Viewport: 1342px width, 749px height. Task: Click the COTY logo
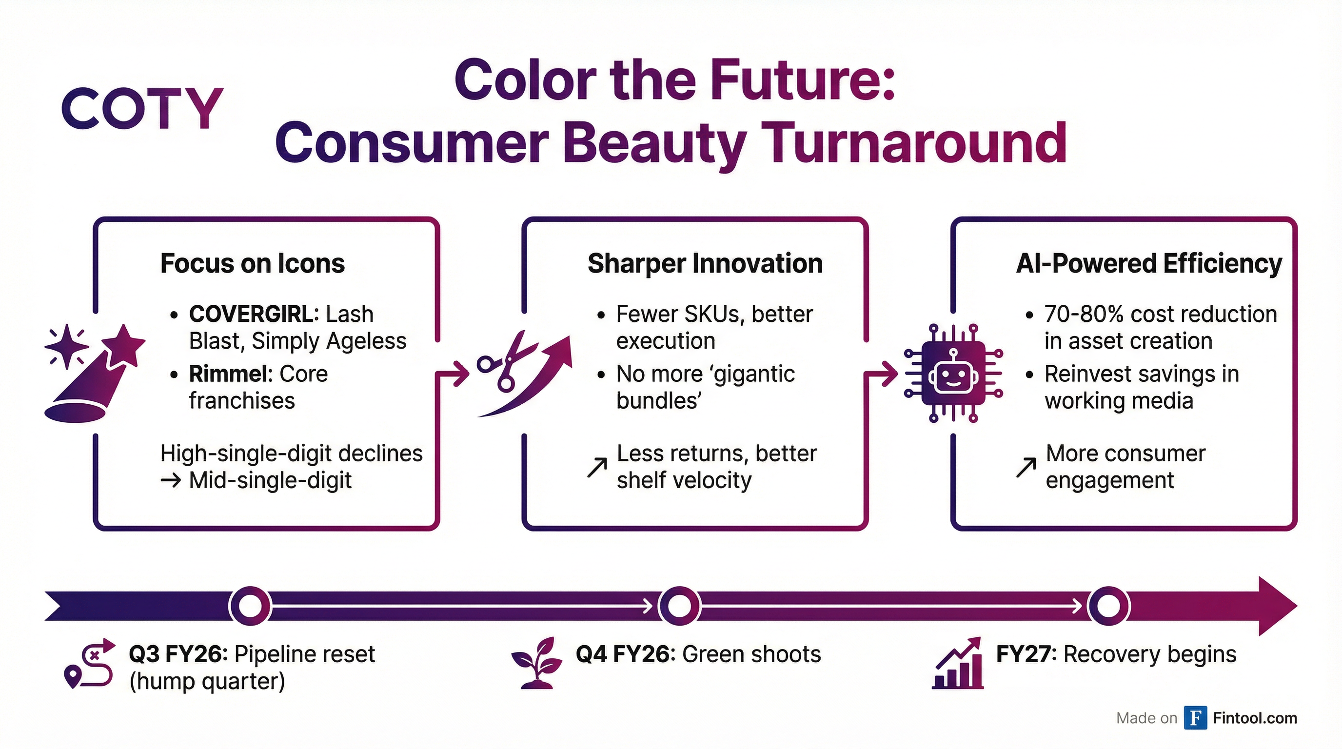coord(142,108)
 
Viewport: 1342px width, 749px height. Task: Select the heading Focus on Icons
coord(252,263)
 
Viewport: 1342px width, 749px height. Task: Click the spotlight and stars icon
coord(94,373)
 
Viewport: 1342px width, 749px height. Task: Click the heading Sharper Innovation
coord(705,263)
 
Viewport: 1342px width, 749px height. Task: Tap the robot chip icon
coord(953,373)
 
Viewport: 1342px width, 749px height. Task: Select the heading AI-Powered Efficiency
coord(1149,263)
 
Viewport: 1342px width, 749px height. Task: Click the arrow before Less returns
coord(597,467)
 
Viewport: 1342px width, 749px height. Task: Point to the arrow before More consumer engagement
coord(1026,467)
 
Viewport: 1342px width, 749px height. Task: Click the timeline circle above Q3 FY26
coord(250,606)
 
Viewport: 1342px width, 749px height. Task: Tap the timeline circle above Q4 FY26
coord(679,606)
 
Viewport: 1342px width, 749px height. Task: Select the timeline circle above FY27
coord(1108,606)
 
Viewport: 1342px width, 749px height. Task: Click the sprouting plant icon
coord(536,663)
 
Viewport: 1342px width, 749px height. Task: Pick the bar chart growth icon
coord(958,664)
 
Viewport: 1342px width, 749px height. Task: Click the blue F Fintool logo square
coord(1195,718)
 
